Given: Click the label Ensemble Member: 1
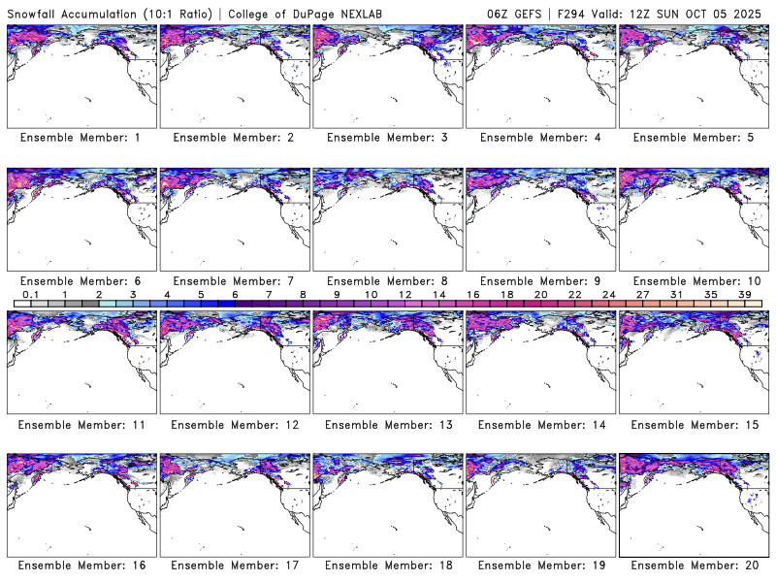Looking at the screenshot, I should click(81, 138).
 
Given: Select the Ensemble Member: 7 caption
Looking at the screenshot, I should click(234, 280).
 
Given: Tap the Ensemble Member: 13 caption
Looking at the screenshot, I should click(387, 423).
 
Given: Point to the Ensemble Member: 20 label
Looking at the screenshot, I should click(694, 566).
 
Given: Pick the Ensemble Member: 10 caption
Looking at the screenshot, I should click(694, 280).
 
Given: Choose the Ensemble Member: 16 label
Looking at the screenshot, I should click(81, 566).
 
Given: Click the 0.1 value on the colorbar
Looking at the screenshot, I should click(30, 294).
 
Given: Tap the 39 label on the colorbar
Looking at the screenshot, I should click(743, 294).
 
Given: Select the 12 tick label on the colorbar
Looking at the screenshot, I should click(404, 294).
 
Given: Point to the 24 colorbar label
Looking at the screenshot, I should click(608, 294).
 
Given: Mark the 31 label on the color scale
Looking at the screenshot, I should click(676, 294).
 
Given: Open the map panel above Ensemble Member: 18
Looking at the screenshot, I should click(387, 504).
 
